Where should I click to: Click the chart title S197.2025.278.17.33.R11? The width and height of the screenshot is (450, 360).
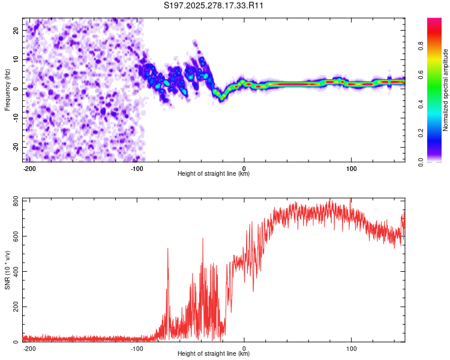pyautogui.click(x=214, y=6)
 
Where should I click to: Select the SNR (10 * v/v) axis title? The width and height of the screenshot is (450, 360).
pyautogui.click(x=7, y=270)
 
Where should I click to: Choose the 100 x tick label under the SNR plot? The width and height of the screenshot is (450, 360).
pyautogui.click(x=351, y=349)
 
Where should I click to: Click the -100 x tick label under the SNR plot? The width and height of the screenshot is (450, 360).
pyautogui.click(x=137, y=349)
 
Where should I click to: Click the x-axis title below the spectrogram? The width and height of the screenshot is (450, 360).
pyautogui.click(x=214, y=174)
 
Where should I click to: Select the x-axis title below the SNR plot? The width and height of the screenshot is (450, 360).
pyautogui.click(x=214, y=354)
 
